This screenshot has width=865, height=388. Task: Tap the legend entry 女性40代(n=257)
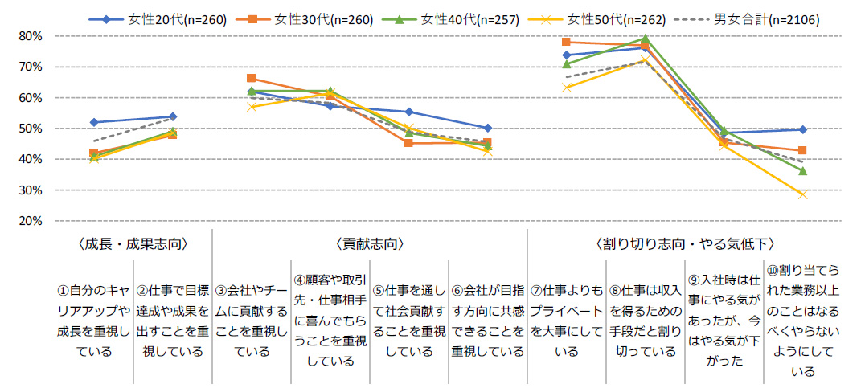[x=469, y=20]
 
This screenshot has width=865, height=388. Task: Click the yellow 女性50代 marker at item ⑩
[x=802, y=194]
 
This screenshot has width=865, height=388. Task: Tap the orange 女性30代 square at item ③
[x=252, y=79]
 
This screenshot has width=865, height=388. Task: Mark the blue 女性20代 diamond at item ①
[x=94, y=122]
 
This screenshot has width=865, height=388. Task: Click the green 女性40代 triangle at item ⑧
[x=645, y=38]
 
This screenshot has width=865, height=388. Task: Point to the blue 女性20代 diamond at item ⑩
[x=802, y=129]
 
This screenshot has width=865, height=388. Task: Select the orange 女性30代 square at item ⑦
[x=567, y=42]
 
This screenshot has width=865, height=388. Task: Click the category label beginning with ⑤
[x=409, y=318]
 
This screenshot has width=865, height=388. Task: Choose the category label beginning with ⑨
[x=724, y=318]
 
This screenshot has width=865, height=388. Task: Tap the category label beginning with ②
[x=173, y=318]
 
